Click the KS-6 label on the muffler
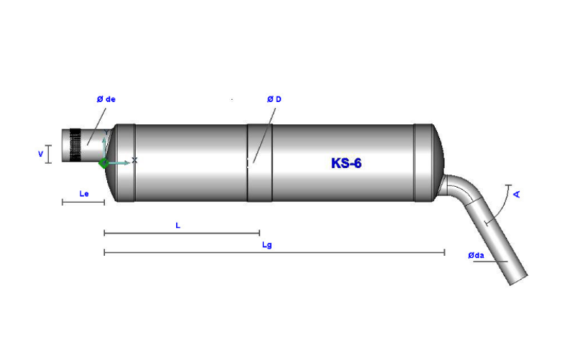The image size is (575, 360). (346, 163)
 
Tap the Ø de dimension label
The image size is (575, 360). (106, 99)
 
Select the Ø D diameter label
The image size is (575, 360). (274, 99)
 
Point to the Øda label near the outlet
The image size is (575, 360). (476, 256)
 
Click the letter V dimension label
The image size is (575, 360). (41, 154)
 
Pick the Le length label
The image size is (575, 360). (84, 193)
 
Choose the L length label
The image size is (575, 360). (178, 226)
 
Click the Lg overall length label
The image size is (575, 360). (267, 245)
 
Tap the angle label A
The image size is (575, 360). (517, 194)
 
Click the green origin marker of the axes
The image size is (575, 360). (103, 163)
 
